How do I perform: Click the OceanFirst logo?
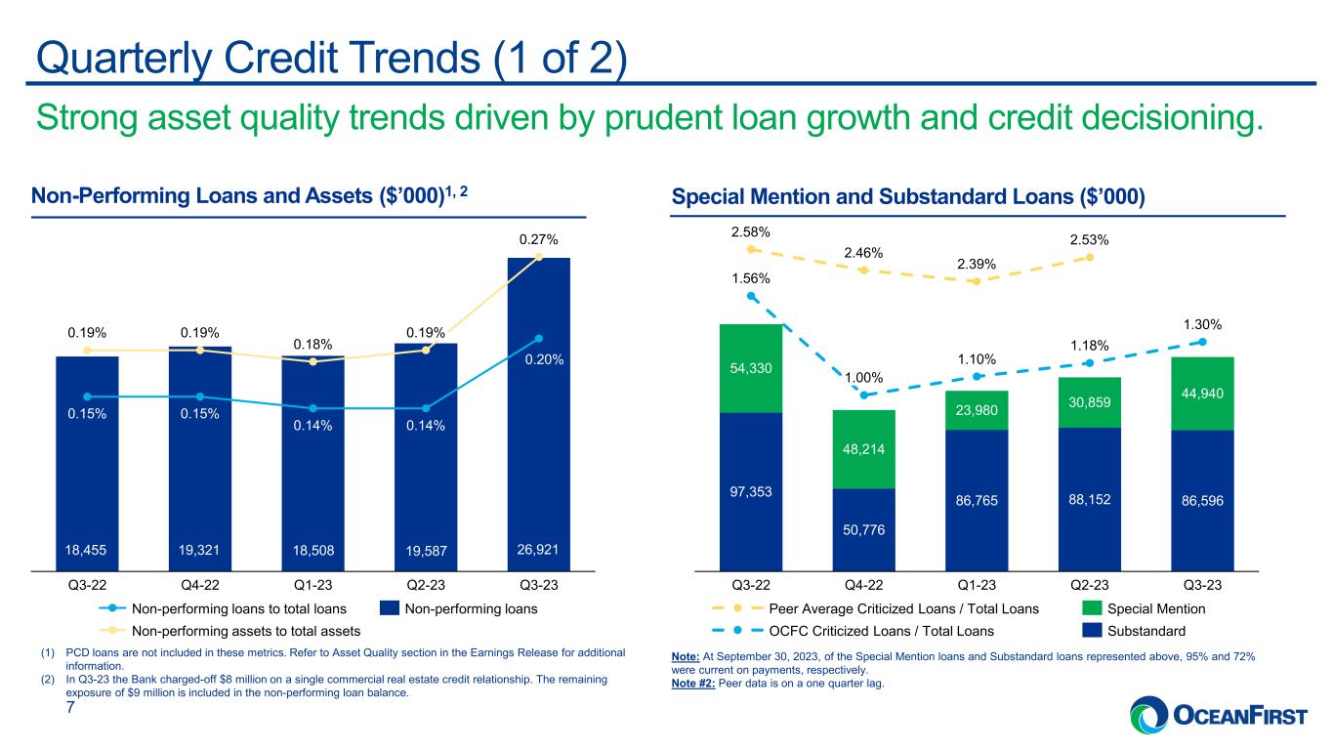click(x=1218, y=714)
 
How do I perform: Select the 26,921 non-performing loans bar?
click(x=538, y=414)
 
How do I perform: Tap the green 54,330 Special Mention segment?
click(x=751, y=368)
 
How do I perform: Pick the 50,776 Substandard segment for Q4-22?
click(x=863, y=529)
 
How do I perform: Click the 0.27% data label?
click(x=538, y=240)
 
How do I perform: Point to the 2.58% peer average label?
click(x=750, y=232)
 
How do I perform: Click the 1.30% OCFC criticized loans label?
click(x=1202, y=324)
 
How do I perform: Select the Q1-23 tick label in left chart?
click(x=313, y=585)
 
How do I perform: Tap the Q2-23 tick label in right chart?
click(x=1089, y=585)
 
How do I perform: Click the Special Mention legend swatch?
click(x=1092, y=608)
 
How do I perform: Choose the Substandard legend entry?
click(x=1134, y=631)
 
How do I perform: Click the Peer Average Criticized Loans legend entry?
click(x=875, y=609)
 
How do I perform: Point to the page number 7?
click(x=70, y=707)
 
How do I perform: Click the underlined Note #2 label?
click(x=693, y=684)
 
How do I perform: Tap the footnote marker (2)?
click(x=48, y=679)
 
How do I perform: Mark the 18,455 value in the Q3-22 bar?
click(x=86, y=550)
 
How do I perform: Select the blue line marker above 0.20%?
click(x=538, y=339)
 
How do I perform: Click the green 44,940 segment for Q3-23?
click(x=1202, y=394)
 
